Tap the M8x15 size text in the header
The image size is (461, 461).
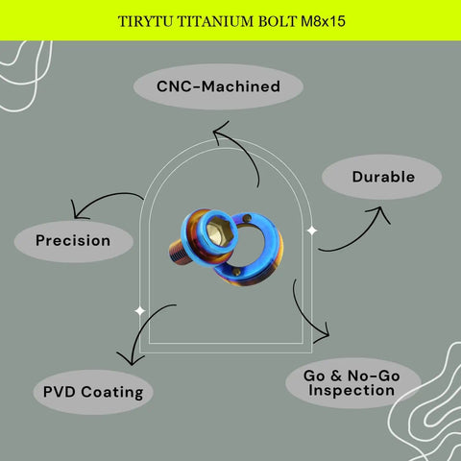click(x=323, y=21)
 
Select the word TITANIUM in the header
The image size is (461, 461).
click(x=215, y=21)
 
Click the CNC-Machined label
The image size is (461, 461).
click(x=218, y=86)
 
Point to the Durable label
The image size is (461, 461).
click(x=383, y=177)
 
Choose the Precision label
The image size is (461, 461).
click(x=73, y=240)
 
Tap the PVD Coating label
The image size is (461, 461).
click(x=93, y=392)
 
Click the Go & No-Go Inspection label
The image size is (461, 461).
click(x=352, y=383)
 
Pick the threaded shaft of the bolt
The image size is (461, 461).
click(x=181, y=253)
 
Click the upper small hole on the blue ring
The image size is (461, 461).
click(x=247, y=219)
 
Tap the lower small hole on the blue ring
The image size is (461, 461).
click(x=236, y=272)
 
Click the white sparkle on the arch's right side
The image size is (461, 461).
click(x=312, y=230)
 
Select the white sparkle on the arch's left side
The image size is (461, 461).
click(x=140, y=310)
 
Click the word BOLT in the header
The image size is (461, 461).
click(x=277, y=21)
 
